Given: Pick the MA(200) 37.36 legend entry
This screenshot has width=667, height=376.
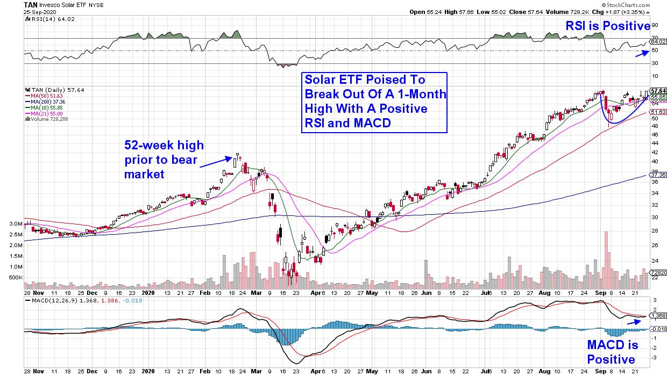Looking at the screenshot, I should coord(53,102).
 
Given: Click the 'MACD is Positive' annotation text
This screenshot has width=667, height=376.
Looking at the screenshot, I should coord(611,352).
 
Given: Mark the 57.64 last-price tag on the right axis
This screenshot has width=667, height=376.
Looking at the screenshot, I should coord(658,90).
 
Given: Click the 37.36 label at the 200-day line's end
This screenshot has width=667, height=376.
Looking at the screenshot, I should coord(658,175).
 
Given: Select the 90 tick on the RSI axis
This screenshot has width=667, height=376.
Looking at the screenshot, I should coord(655,25).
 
